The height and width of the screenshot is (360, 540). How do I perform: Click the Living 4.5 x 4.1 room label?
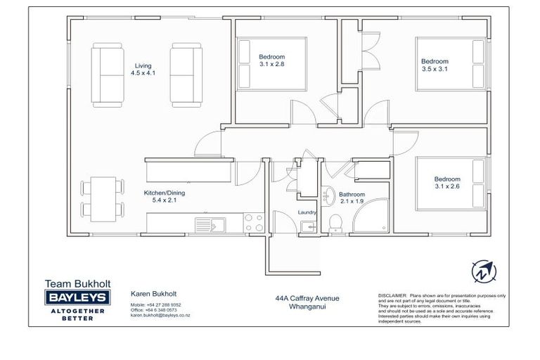point(143,69)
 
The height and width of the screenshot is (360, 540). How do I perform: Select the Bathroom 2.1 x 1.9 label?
point(352,198)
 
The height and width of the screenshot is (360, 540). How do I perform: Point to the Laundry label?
point(307,212)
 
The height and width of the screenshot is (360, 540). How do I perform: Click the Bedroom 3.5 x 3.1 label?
point(434,65)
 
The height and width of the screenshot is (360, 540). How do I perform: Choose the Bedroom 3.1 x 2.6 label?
point(447,183)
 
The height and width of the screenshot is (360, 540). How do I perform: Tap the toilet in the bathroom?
point(335,223)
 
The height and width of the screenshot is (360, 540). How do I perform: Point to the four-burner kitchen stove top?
point(254,223)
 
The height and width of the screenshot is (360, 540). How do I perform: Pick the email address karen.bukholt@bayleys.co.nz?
point(160,316)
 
